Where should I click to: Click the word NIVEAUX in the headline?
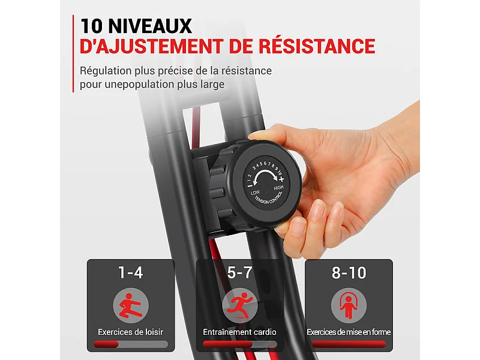click(149, 26)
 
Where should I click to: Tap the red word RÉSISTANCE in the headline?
click(317, 46)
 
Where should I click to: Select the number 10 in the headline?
click(91, 26)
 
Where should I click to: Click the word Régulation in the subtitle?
click(106, 71)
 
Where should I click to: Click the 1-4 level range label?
click(131, 272)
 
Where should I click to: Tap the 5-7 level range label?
click(239, 272)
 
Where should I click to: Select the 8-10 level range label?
click(349, 272)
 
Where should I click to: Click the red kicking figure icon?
click(131, 305)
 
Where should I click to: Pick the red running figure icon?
click(239, 305)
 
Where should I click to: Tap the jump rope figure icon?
click(349, 305)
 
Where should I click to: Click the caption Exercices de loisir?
click(131, 332)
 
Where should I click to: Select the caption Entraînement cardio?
click(239, 332)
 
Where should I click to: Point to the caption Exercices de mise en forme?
click(349, 332)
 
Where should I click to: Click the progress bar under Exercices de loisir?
click(131, 344)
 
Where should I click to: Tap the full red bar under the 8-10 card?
click(349, 344)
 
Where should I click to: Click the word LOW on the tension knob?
click(255, 193)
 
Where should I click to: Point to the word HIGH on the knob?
click(278, 187)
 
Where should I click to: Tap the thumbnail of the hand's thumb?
click(257, 136)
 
